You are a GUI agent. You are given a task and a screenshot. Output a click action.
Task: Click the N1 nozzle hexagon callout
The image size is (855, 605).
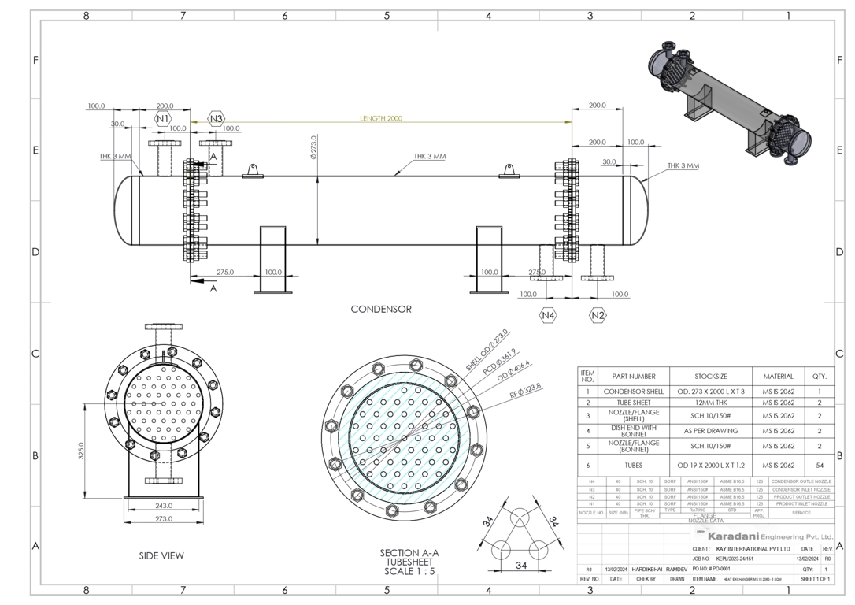coord(162,119)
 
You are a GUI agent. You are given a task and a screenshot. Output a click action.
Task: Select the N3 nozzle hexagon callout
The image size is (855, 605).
coord(216,119)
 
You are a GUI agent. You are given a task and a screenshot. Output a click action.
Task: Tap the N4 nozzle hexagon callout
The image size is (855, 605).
coord(548,315)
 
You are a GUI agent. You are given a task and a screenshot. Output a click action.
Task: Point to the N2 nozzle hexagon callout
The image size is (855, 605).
coord(598,315)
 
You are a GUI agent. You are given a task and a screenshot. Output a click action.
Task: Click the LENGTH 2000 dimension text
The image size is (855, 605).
coord(381,118)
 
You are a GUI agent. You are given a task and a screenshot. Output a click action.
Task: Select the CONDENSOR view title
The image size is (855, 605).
coord(381,310)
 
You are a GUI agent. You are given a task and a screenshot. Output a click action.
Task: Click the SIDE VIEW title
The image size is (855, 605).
coord(161,555)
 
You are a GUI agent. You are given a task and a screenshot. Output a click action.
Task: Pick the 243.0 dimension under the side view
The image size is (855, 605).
coord(164,506)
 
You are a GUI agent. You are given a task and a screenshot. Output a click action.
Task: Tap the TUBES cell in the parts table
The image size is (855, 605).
coord(634,466)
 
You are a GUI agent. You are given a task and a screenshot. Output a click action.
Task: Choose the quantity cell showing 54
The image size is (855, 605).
coord(820,466)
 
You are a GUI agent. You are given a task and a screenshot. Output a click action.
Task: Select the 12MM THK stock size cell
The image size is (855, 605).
coord(711,403)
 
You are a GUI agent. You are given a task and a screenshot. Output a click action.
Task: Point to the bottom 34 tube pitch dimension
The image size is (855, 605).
coord(520,565)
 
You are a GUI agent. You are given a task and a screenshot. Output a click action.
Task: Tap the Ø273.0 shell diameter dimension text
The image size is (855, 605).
coord(313,147)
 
